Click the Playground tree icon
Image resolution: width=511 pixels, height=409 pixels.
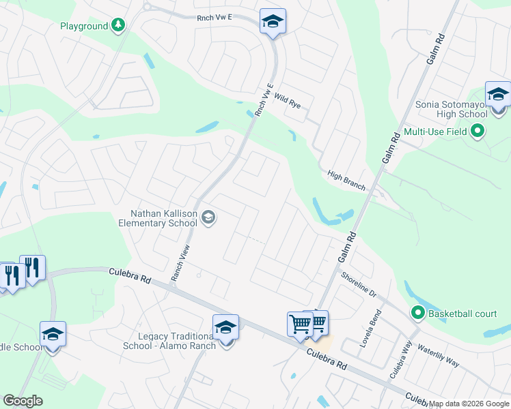click(x=119, y=26)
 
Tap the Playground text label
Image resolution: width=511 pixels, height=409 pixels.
click(x=84, y=26)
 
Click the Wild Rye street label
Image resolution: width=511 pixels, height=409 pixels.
click(x=288, y=102)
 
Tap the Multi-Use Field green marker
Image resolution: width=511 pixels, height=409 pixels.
click(x=478, y=130)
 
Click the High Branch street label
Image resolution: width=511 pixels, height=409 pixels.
click(x=346, y=180)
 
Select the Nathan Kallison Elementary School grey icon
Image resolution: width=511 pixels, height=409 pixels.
click(x=208, y=218)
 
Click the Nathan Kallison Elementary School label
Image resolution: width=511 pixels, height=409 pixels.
click(x=158, y=218)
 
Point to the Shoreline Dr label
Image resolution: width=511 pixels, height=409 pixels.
click(x=359, y=282)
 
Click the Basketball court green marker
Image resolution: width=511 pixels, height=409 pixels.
click(x=417, y=313)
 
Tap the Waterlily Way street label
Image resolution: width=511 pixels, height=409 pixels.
click(x=438, y=354)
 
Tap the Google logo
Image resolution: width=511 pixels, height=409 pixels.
click(x=23, y=401)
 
